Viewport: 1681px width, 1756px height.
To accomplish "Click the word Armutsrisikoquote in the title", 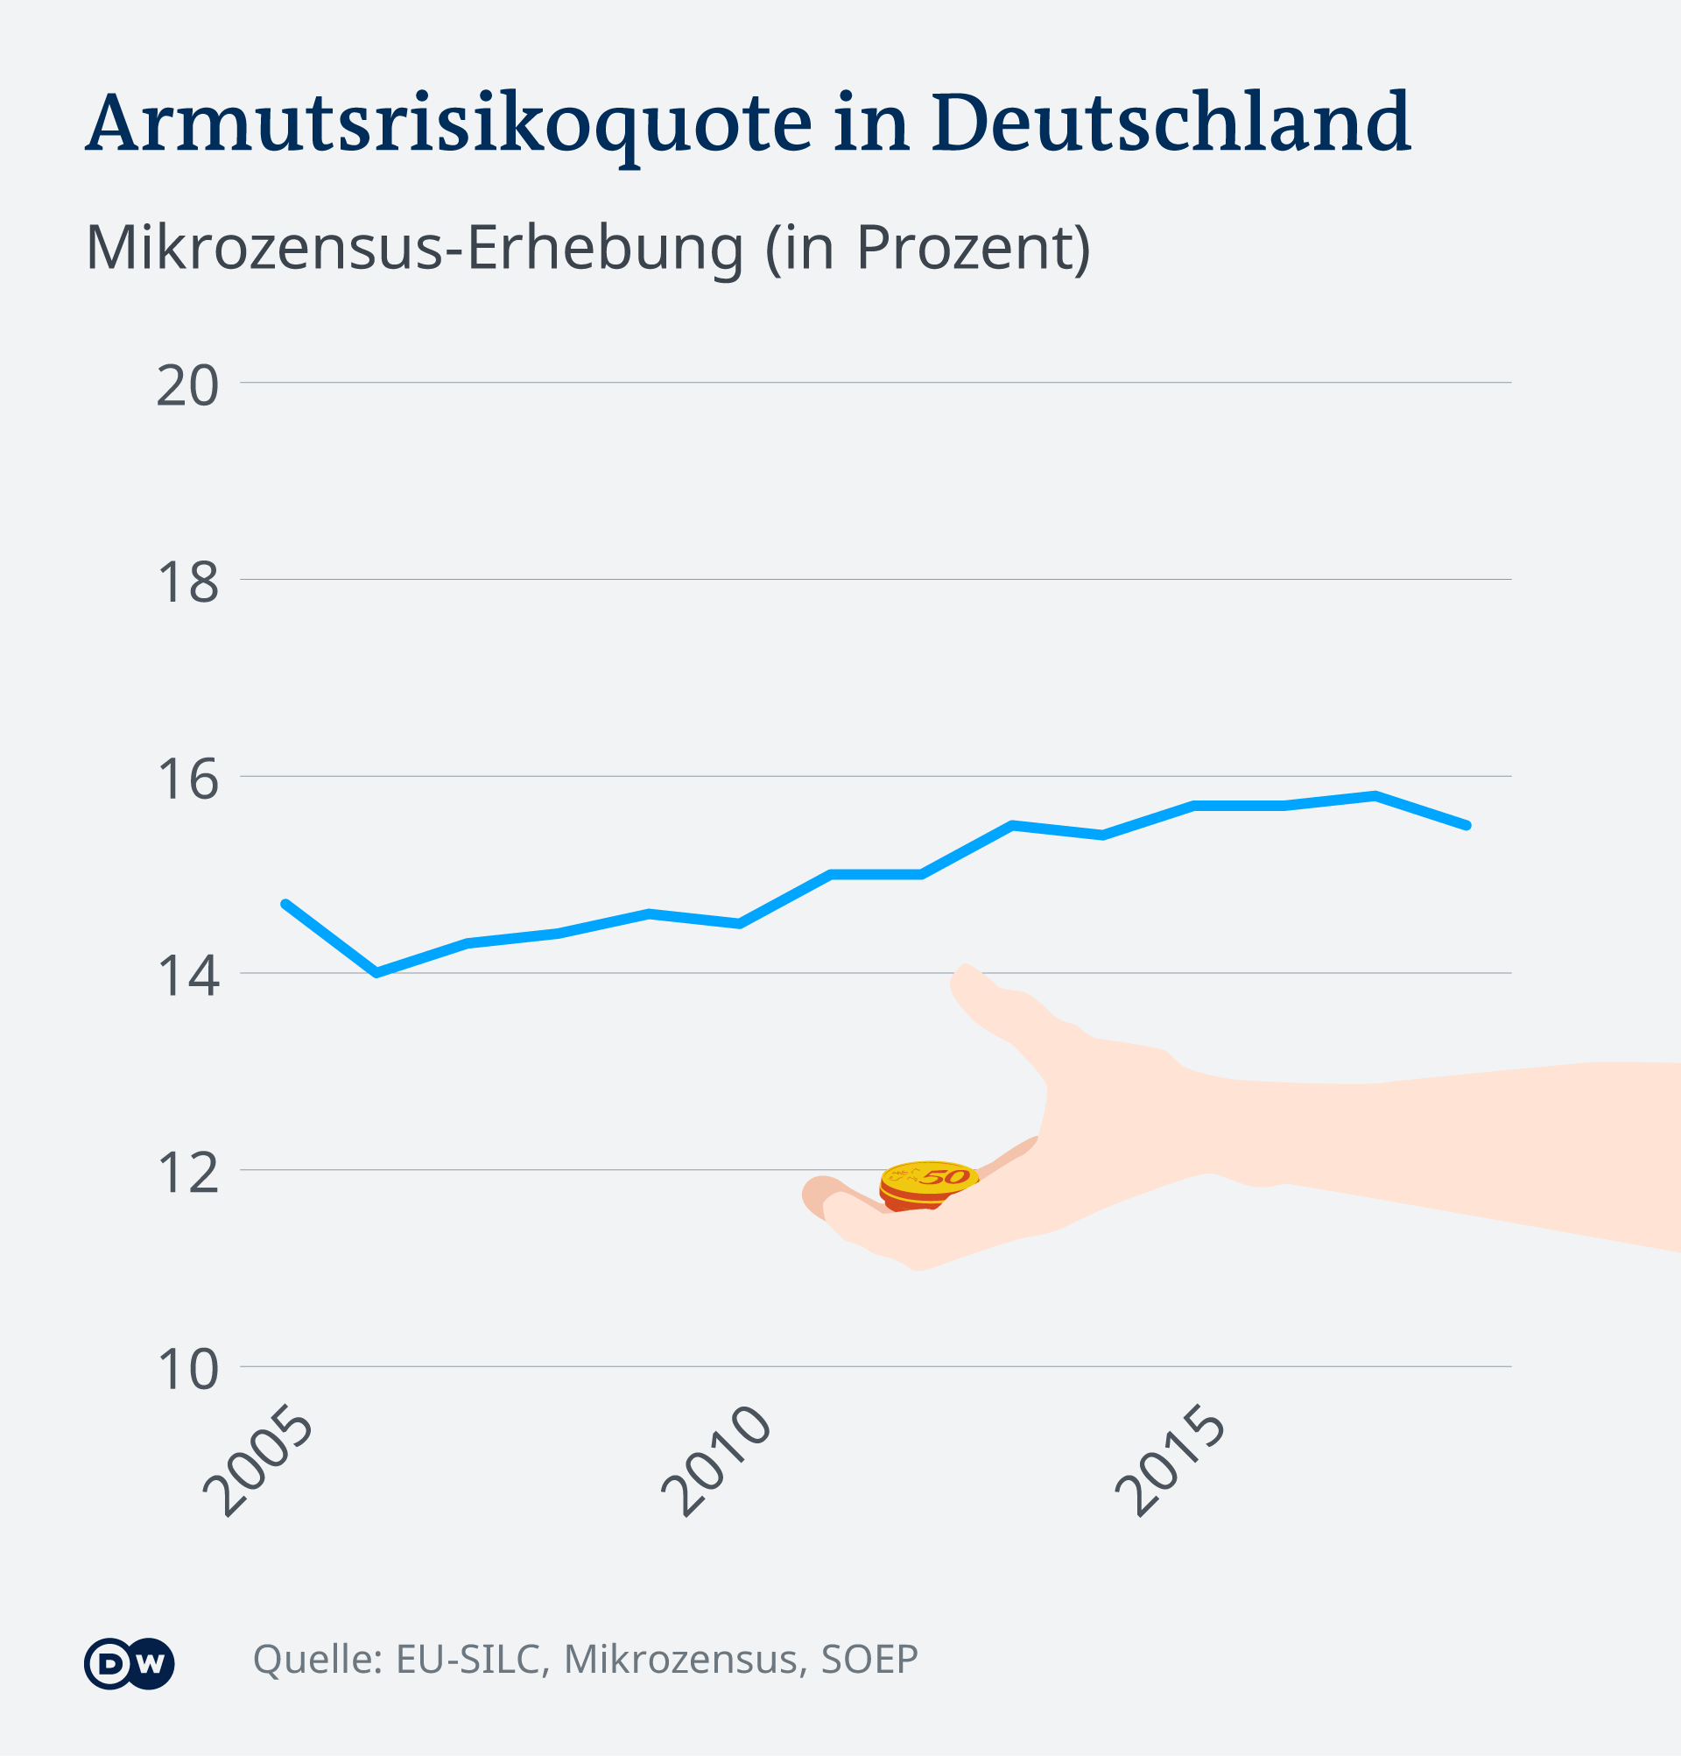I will coord(447,123).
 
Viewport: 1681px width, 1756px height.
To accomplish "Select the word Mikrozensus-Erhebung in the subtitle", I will coord(415,248).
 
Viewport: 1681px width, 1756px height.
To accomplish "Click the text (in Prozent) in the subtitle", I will coord(928,248).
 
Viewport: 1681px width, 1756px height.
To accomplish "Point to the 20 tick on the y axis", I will coord(187,386).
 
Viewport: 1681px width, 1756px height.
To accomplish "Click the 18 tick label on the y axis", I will coord(187,583).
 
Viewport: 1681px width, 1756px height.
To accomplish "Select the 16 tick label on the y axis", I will coord(187,779).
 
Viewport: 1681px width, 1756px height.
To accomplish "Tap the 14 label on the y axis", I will coord(187,977).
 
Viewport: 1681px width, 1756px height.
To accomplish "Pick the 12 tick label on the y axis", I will coord(187,1174).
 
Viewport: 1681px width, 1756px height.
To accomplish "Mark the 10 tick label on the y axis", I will coord(187,1370).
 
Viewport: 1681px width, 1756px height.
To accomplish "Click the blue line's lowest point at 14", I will coord(376,972).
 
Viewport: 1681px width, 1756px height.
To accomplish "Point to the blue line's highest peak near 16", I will coord(1375,795).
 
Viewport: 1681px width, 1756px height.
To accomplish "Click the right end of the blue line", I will coord(1467,825).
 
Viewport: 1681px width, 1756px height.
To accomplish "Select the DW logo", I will coord(129,1664).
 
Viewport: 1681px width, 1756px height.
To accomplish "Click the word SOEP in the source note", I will coord(869,1661).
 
